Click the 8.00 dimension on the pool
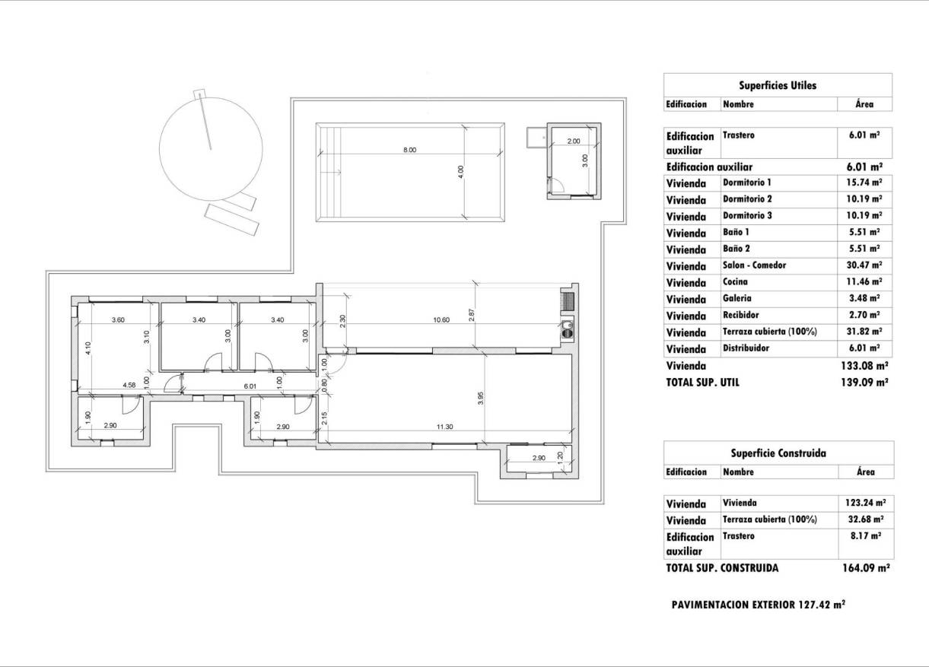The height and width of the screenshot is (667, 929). point(409,150)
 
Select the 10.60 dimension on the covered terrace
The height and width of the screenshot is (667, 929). point(441,319)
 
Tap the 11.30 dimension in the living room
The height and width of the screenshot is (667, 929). point(445,427)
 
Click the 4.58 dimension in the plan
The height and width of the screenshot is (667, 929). point(129,386)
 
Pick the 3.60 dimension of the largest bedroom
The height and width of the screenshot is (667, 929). point(118,320)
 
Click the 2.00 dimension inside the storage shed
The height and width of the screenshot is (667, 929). point(574,141)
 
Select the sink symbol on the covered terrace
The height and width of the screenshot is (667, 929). point(567,329)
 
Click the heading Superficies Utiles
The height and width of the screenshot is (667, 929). point(778,86)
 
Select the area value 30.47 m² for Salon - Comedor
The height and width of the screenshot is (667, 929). point(865,265)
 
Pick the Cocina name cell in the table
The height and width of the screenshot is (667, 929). point(735,282)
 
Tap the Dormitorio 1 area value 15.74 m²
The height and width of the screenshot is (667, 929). point(865,183)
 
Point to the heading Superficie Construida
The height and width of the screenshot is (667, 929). point(778,453)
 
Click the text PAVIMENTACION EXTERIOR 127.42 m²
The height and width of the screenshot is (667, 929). point(759,605)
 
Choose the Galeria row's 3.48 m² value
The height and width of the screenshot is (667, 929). point(865,299)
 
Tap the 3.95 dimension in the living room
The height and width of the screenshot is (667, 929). point(481,399)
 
